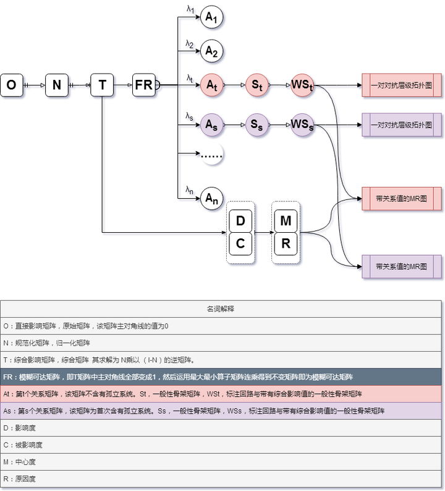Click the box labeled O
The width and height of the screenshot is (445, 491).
tap(11, 85)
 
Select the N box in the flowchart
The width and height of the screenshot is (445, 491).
tap(56, 85)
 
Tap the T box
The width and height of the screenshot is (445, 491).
tap(102, 85)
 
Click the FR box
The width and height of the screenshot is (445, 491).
tap(144, 85)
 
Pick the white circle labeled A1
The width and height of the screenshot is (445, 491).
tap(211, 18)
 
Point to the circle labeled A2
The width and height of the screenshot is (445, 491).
tap(211, 51)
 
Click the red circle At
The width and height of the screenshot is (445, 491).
tap(211, 85)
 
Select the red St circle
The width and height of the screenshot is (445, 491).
tap(256, 85)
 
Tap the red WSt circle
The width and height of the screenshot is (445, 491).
tap(302, 85)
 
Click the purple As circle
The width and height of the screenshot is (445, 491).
tap(211, 125)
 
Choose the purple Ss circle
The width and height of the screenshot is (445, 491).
tap(256, 125)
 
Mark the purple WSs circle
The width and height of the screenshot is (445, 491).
tap(302, 125)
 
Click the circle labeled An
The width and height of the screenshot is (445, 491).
tap(211, 198)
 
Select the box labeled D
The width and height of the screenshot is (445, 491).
tap(241, 221)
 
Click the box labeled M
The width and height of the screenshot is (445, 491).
tap(286, 221)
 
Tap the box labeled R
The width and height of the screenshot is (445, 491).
tap(286, 244)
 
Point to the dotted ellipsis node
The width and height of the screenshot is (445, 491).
tap(211, 155)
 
